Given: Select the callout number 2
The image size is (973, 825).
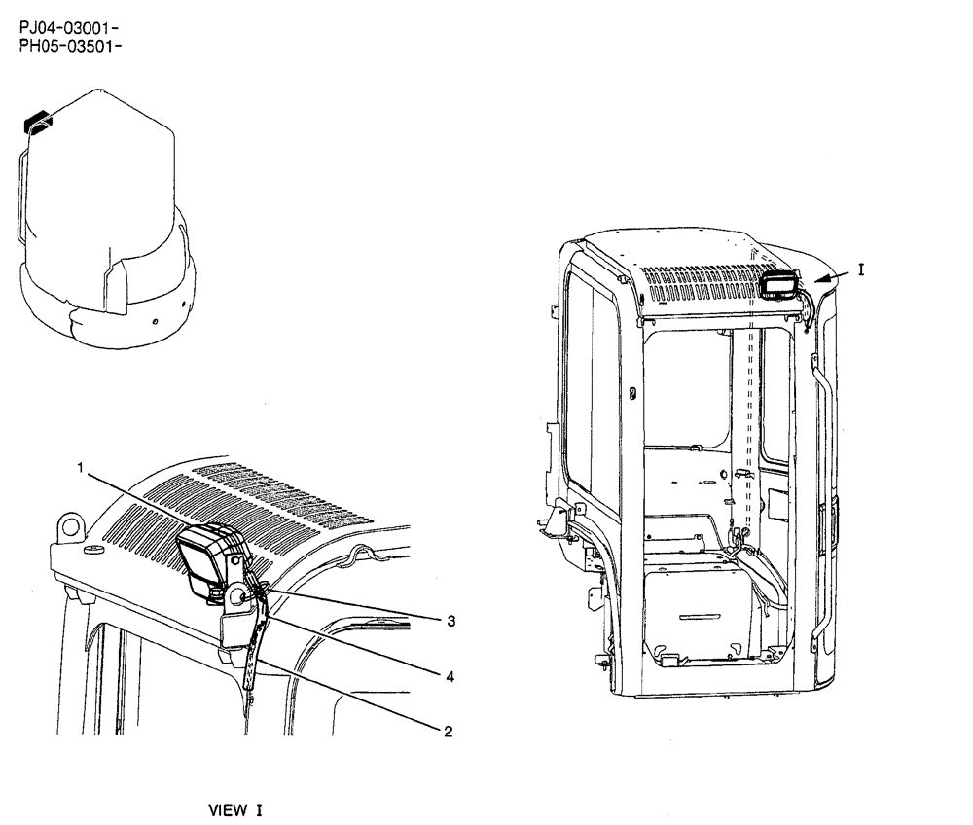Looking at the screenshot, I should point(448,730).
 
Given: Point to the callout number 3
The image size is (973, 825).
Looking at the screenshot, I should point(450,621).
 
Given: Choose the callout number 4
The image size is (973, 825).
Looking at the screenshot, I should point(450,675).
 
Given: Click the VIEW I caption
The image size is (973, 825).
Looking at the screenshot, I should point(236,809).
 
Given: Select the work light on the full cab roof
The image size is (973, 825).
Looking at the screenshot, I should point(778,285).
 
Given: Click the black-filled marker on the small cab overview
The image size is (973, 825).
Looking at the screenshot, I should point(37,121).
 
